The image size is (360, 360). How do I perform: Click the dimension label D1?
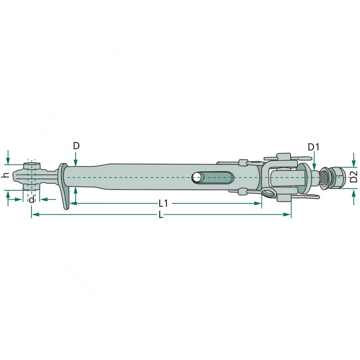point(313,147)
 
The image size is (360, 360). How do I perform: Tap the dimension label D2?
point(354,176)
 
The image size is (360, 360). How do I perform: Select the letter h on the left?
point(5,175)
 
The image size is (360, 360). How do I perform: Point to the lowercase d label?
point(31,199)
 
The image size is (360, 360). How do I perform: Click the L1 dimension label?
point(163,203)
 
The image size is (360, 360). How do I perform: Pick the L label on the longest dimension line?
point(161,215)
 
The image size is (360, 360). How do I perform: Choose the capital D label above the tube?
point(76,145)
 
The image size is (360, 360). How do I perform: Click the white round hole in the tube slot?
point(196,177)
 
